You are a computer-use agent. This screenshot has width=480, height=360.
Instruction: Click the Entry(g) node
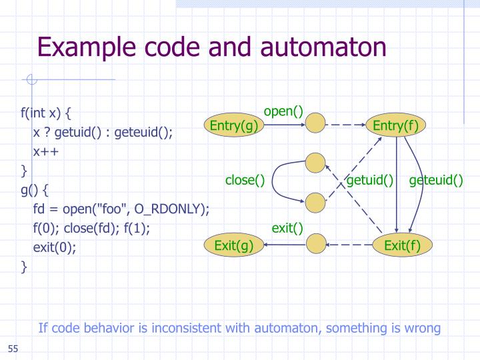[x=233, y=126]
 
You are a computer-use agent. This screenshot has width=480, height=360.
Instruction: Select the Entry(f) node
[x=397, y=126]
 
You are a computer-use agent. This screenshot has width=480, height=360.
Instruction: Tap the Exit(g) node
[x=233, y=246]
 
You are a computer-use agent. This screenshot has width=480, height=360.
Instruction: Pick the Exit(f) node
[x=402, y=246]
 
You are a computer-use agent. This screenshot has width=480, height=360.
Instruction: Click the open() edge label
[x=283, y=111]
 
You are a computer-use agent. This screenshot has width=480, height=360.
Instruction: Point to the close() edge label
[x=245, y=180]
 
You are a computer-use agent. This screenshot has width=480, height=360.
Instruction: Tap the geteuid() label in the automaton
[x=436, y=180]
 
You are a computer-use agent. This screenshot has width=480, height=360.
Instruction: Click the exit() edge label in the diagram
[x=287, y=229]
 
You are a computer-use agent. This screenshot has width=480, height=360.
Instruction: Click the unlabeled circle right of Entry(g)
[x=315, y=124]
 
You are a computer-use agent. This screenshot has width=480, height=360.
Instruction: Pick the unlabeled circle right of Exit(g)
[x=315, y=245]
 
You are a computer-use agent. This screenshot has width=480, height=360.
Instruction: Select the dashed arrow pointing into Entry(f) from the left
[x=347, y=125]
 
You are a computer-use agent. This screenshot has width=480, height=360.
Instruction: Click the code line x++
[x=46, y=151]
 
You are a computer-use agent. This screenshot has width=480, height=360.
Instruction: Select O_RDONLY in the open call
[x=172, y=209]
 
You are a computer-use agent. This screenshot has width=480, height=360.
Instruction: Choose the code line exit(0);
[x=55, y=247]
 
